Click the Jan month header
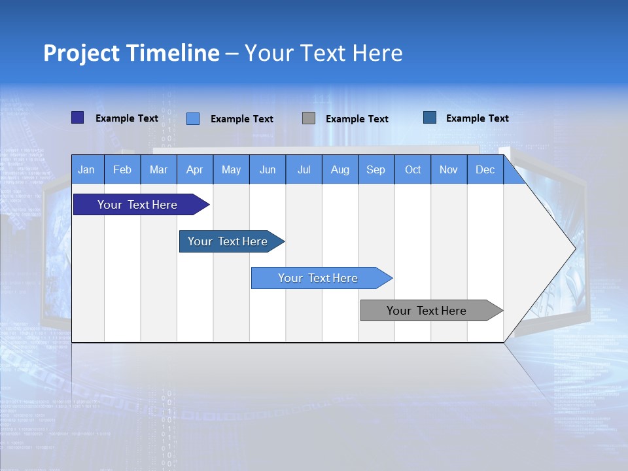coord(87,169)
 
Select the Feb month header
coord(122,169)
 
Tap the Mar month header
coord(158,169)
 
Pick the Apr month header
coord(195,169)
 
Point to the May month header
coord(231,169)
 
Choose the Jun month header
coord(268,169)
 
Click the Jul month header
coord(304,169)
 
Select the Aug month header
coord(340,169)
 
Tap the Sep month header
coord(376,169)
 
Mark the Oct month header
coord(413,169)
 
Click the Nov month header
coord(449,169)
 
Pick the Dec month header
coord(485,169)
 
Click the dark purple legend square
coord(77,118)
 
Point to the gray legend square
coord(309,118)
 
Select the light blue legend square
coord(193,118)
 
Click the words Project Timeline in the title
coord(131,53)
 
